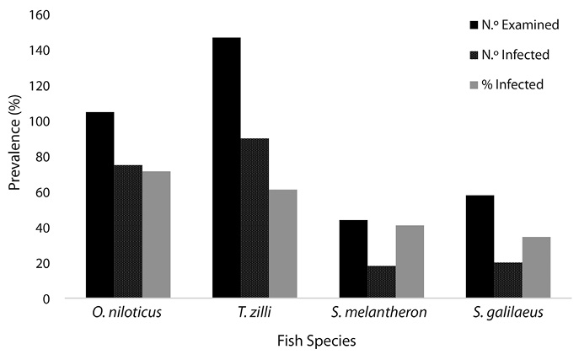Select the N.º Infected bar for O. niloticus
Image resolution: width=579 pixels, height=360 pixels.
click(x=128, y=231)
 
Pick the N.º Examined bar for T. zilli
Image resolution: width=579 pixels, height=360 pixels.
click(x=226, y=168)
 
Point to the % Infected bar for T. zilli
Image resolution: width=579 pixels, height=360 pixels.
click(x=283, y=244)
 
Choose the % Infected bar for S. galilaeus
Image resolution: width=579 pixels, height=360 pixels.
click(x=536, y=267)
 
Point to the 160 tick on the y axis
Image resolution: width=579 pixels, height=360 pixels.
click(x=39, y=15)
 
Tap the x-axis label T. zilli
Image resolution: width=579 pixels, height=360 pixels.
click(x=255, y=314)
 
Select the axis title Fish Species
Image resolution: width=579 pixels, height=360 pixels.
click(x=318, y=341)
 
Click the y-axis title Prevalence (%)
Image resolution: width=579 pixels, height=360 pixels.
click(x=14, y=156)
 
